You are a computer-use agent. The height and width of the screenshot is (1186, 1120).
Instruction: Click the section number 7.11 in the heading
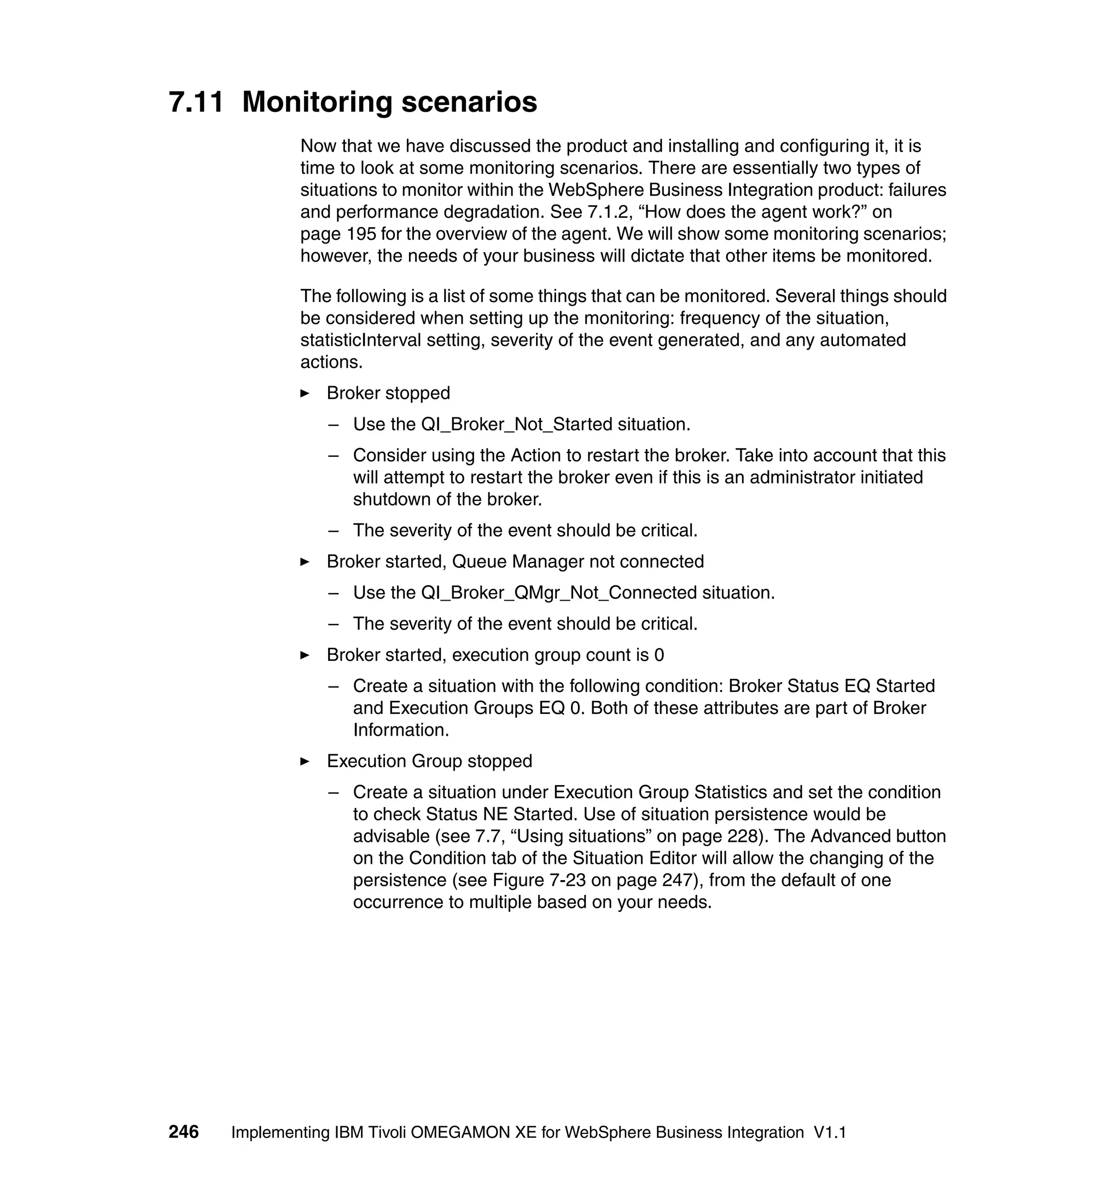click(196, 102)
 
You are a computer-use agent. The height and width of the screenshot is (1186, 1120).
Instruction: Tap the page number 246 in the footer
click(183, 1132)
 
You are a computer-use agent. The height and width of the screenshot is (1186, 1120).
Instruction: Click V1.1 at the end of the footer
click(830, 1132)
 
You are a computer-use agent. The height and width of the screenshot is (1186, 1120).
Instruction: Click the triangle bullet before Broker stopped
click(305, 393)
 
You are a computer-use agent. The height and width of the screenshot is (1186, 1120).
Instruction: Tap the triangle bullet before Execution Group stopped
click(305, 761)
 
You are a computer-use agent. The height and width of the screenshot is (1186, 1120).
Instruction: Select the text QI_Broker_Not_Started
click(516, 424)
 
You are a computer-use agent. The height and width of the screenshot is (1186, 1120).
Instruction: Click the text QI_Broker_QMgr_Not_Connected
click(559, 592)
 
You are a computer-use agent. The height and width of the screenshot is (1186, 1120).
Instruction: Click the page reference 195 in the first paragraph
click(361, 234)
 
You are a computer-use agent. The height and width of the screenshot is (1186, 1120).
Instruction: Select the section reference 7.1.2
click(610, 212)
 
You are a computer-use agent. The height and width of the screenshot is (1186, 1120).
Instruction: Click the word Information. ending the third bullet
click(401, 730)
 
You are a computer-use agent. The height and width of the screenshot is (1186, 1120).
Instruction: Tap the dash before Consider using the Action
click(334, 455)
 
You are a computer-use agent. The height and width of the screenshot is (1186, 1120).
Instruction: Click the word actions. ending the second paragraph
click(331, 362)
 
